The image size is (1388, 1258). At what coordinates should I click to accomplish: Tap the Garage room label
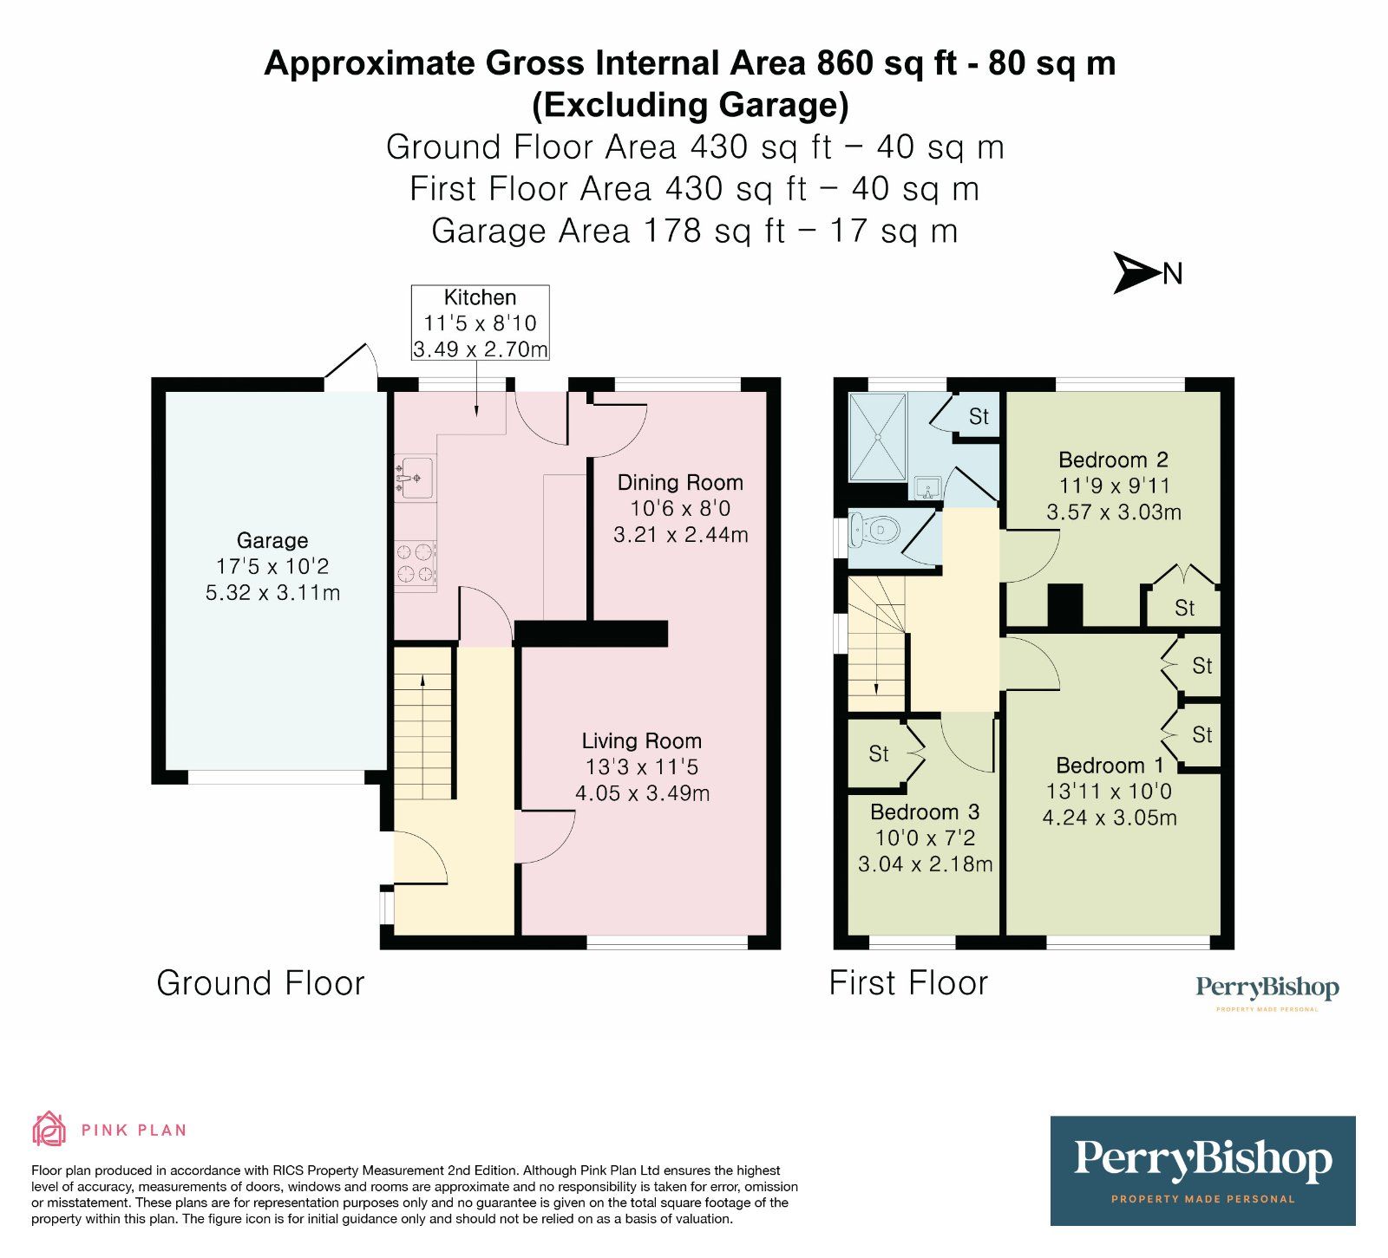(x=272, y=541)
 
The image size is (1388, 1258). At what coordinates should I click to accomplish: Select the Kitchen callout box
(x=480, y=323)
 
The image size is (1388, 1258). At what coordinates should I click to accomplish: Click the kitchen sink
(x=414, y=477)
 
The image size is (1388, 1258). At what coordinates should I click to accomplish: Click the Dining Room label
(x=680, y=483)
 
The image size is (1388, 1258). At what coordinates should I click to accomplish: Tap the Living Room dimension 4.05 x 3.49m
(x=643, y=793)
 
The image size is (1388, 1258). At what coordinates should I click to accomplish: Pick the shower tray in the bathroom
(x=878, y=437)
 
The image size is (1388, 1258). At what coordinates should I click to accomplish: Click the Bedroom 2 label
(x=1114, y=460)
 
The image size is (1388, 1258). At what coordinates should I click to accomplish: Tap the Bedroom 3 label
(x=925, y=812)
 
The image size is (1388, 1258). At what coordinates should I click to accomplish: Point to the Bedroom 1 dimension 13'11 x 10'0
(x=1109, y=792)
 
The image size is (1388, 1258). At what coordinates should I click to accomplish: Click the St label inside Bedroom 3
(x=879, y=754)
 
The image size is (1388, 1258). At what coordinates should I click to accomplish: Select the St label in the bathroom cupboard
(x=979, y=417)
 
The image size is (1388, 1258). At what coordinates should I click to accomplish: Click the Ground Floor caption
(x=260, y=983)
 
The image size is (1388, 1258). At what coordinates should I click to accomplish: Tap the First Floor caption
(x=908, y=983)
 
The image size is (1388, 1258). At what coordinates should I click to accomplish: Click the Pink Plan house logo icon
(x=49, y=1129)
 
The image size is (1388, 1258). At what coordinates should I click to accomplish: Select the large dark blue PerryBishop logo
(x=1202, y=1170)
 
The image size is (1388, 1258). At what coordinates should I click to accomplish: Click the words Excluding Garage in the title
(x=691, y=105)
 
